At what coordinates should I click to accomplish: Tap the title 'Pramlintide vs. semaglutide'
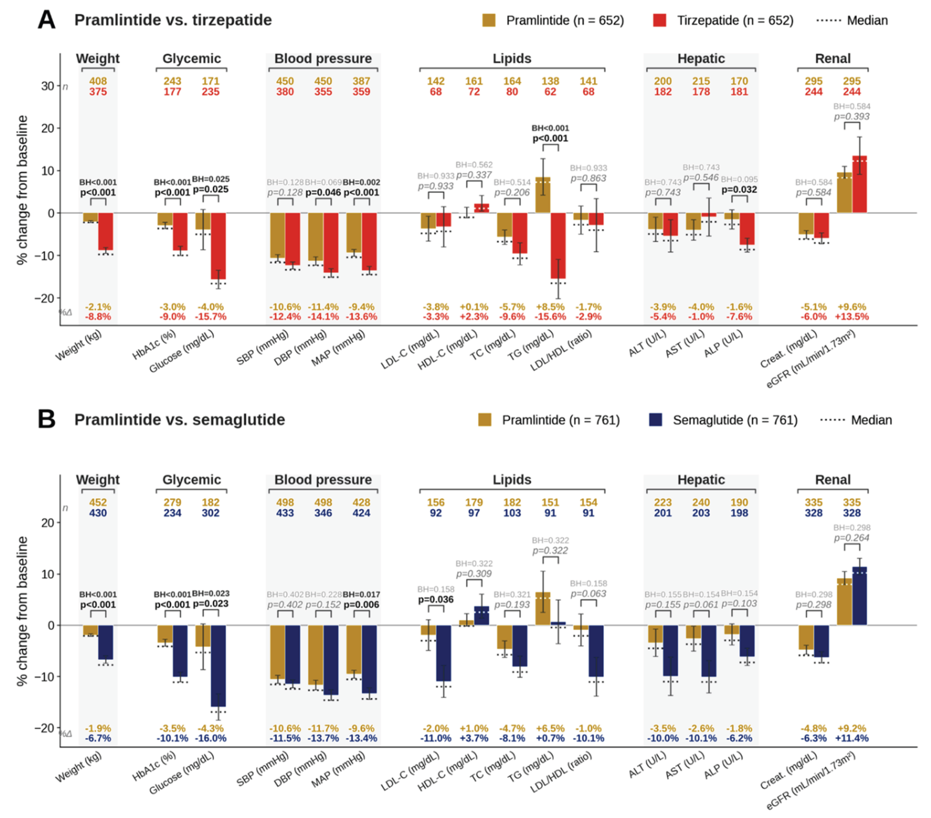180,420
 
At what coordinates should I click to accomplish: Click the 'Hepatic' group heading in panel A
701,59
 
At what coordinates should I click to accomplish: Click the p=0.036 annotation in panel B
436,599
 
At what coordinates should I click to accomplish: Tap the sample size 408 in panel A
98,81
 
